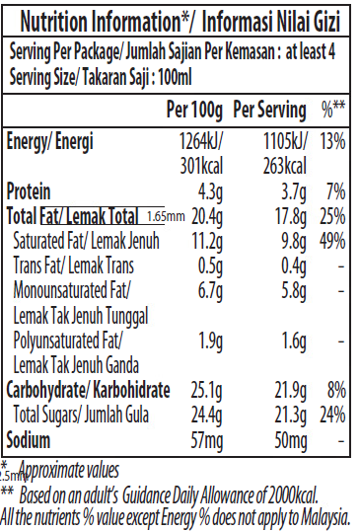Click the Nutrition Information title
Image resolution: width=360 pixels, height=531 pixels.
[x=179, y=22]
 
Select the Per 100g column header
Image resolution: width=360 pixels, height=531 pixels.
[x=195, y=107]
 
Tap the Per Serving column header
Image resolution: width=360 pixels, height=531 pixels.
[x=270, y=107]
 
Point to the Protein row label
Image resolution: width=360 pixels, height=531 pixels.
[x=29, y=190]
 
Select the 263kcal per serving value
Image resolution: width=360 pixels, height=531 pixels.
[x=286, y=165]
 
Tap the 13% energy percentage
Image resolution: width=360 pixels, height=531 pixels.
[x=332, y=141]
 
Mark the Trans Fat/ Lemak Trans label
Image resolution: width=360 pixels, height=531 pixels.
[x=73, y=265]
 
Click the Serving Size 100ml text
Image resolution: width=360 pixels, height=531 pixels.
[x=89, y=76]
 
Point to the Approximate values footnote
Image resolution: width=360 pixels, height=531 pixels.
[x=69, y=471]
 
